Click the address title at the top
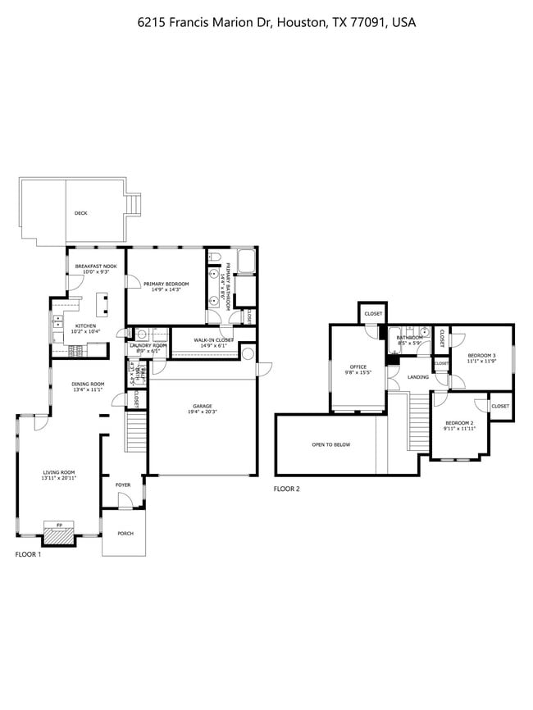coord(276,23)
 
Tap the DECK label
coord(80,213)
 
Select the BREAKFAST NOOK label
coord(95,266)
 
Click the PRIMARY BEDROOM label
coord(166,284)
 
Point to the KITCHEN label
coord(86,326)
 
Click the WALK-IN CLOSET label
coord(213,339)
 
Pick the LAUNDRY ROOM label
coord(148,346)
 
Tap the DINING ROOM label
coord(88,384)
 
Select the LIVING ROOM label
coord(59,472)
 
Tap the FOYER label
coord(123,485)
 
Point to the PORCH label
coord(125,533)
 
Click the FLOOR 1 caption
coord(28,554)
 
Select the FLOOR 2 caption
coord(287,489)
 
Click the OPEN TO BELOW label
coord(330,444)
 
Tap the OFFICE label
coord(358,366)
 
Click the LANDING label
coord(417,377)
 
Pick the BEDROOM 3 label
coord(482,356)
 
